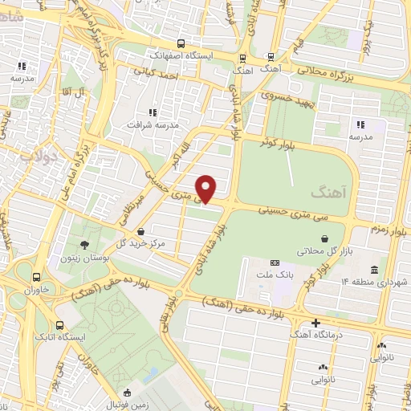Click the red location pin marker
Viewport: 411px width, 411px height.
pos(207,189)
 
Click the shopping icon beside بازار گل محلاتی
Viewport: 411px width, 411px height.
pos(324,238)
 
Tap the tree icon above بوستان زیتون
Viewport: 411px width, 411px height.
pos(85,244)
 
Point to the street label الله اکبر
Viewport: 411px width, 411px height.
pos(177,155)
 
